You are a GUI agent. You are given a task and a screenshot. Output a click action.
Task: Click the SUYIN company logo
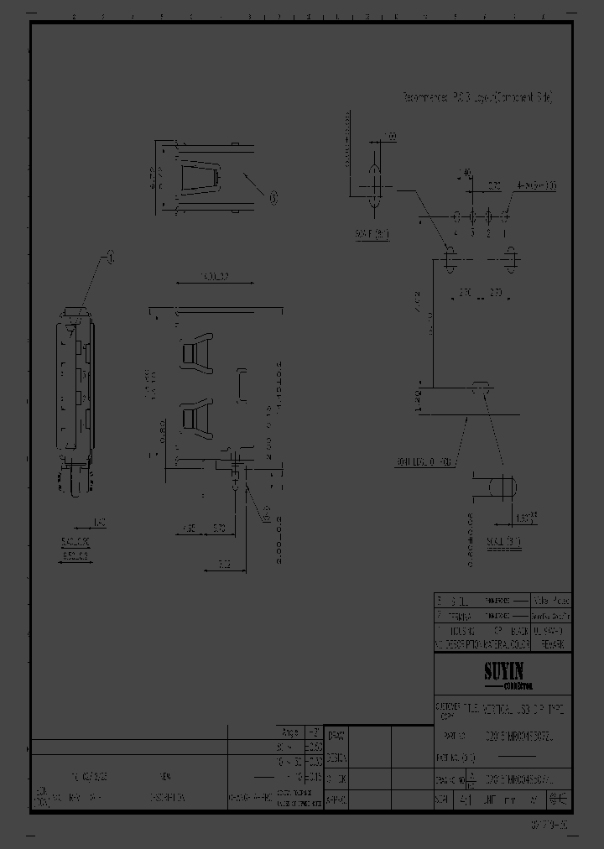click(x=502, y=672)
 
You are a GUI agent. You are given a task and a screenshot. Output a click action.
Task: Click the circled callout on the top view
click(x=273, y=197)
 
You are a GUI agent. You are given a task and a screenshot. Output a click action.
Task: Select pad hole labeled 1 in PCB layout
click(x=505, y=216)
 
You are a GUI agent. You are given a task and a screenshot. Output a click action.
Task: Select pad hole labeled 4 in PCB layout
click(x=456, y=216)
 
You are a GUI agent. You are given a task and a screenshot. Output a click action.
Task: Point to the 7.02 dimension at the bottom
click(x=225, y=565)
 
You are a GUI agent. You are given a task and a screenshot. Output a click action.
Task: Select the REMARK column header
click(x=552, y=643)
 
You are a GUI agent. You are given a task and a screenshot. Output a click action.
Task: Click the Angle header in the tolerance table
click(x=290, y=731)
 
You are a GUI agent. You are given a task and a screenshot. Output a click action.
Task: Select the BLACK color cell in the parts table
click(x=519, y=629)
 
